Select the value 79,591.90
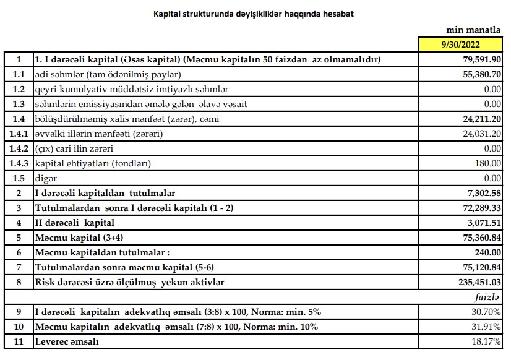[479, 60]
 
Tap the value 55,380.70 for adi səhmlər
[479, 75]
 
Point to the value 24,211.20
[479, 119]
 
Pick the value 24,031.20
[480, 134]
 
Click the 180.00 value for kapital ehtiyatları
[488, 163]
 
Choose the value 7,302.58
[482, 193]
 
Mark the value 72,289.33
[479, 208]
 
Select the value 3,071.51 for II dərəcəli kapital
[482, 223]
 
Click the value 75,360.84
[479, 238]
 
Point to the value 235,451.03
[477, 282]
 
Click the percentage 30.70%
[486, 311]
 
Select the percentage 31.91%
[486, 326]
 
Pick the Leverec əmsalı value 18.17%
[486, 341]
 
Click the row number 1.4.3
[19, 163]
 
